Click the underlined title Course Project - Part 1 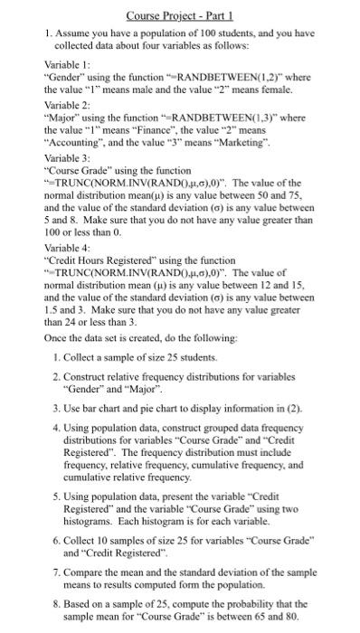[x=179, y=15]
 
